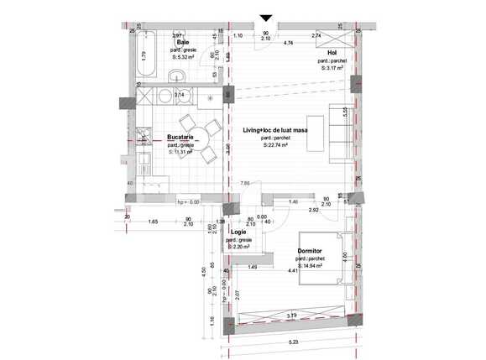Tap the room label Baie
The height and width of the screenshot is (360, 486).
point(181,43)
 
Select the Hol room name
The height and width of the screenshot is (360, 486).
point(332,51)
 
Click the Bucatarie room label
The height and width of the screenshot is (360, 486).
point(180,137)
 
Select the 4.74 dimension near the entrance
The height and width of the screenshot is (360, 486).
point(289,42)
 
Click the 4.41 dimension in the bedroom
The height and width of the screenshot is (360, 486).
point(293,271)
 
